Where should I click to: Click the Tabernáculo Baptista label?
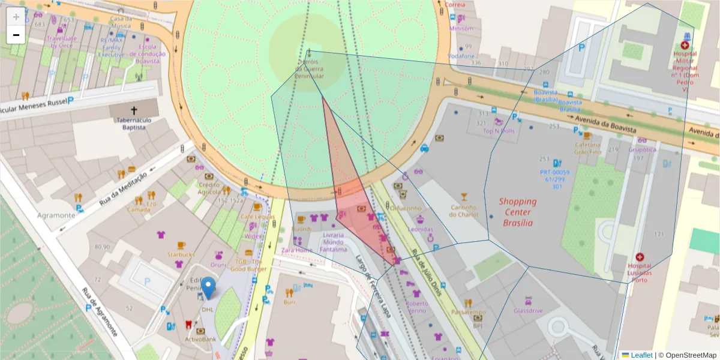coord(134,123)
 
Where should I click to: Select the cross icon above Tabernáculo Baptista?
coord(134,110)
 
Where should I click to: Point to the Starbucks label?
coord(181,254)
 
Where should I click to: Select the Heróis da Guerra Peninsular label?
coord(310,69)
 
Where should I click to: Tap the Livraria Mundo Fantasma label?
coord(334,242)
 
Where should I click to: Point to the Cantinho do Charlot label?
coord(464,211)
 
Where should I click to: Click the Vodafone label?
coord(461,56)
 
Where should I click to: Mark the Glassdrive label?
coord(528,310)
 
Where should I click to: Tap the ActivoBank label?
coord(200,339)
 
